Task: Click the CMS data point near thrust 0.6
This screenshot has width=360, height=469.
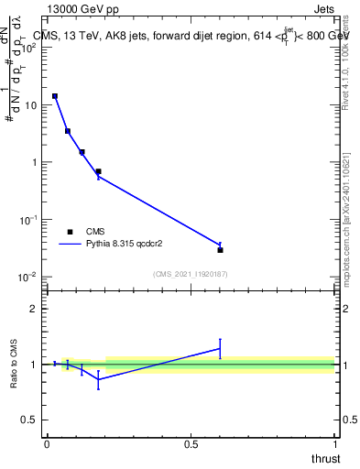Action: pos(221,249)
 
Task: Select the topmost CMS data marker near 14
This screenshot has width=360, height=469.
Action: pos(55,95)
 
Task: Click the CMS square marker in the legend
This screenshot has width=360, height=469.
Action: pos(70,232)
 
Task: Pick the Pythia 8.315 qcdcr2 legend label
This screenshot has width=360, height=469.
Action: pos(127,245)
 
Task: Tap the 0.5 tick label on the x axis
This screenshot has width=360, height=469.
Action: pos(191,443)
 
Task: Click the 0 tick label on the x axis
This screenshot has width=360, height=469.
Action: pos(46,443)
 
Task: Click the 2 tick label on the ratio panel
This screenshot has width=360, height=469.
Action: pos(34,309)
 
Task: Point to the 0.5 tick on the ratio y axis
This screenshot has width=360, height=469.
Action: pos(30,420)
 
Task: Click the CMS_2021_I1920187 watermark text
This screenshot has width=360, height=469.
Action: pos(190,274)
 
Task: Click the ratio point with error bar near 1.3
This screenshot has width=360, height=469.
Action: pos(220,348)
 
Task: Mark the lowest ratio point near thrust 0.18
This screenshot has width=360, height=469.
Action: pos(98,379)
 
